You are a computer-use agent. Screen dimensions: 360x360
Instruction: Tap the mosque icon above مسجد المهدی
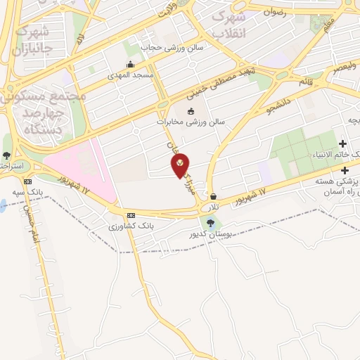coord(129,65)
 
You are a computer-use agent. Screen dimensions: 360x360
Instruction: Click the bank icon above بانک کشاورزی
coord(131,215)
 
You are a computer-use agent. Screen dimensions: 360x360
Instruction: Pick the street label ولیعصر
coord(344,68)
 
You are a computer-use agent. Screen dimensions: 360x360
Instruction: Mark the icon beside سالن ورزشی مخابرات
coord(190,111)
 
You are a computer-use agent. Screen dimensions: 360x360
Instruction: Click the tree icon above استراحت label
coord(7,155)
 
